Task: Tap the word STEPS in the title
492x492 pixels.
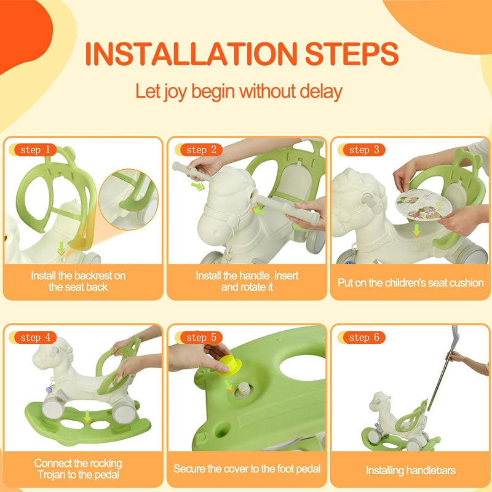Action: click(x=352, y=54)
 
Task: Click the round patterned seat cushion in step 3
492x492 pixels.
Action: click(x=424, y=205)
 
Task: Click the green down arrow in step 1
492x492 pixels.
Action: click(x=61, y=248)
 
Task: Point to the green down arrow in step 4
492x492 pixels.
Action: click(x=87, y=418)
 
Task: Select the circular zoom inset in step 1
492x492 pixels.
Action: click(x=129, y=199)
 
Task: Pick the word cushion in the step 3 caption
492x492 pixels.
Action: click(x=467, y=283)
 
